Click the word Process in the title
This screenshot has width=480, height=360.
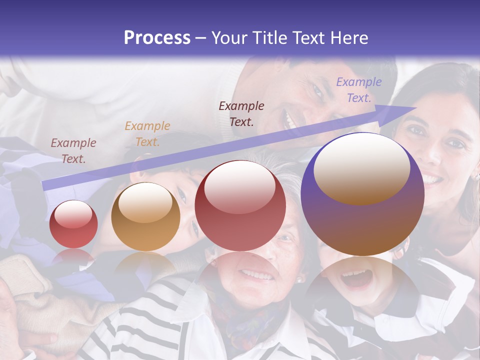(x=157, y=38)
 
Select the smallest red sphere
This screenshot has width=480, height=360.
(x=73, y=224)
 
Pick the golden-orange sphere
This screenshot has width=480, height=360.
(x=145, y=217)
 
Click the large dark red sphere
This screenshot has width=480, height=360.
(x=240, y=206)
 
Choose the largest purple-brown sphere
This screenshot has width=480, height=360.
(x=362, y=195)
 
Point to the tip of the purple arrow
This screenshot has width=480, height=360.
(x=415, y=107)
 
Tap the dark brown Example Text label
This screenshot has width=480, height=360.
(x=241, y=113)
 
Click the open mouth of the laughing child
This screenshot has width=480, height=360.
(x=356, y=279)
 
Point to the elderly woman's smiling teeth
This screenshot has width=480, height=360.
(x=256, y=274)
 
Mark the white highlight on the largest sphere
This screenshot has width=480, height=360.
(x=361, y=167)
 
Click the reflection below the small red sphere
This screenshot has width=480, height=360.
(x=73, y=257)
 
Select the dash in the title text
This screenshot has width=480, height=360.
(x=200, y=38)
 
